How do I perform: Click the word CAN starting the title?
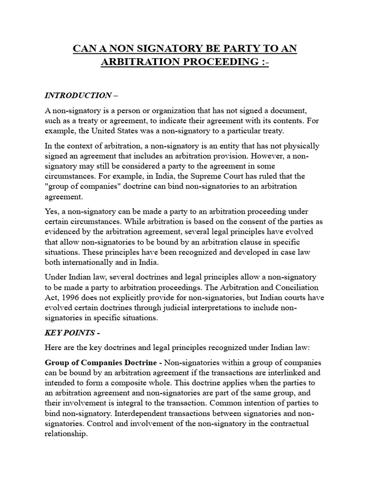[83, 49]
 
